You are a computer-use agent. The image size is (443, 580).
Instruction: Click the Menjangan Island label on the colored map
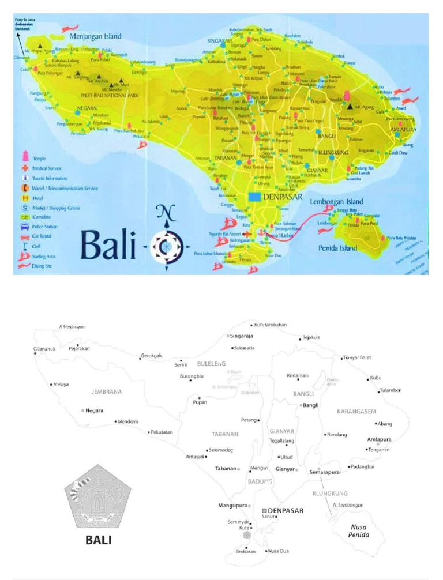(96, 36)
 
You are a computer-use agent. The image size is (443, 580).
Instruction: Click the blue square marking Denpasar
(254, 197)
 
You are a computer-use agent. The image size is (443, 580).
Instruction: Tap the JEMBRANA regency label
(107, 392)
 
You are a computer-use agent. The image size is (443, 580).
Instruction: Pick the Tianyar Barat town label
(358, 357)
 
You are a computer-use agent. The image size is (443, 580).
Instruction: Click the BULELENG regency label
(211, 364)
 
